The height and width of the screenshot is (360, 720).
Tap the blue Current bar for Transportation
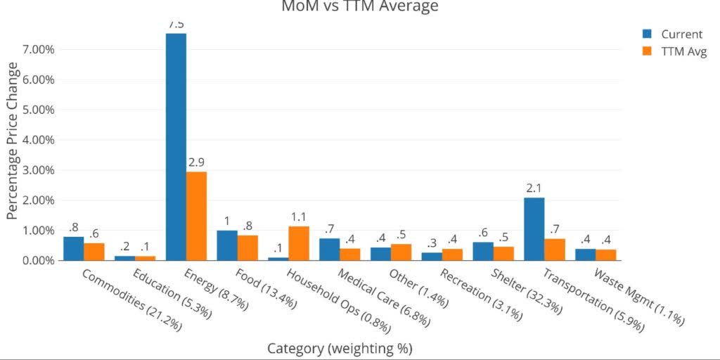tap(534, 229)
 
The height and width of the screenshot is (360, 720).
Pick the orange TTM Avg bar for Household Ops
tap(299, 243)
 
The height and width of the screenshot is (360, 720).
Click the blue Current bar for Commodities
tap(73, 248)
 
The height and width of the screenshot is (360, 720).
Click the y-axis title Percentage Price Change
tap(13, 141)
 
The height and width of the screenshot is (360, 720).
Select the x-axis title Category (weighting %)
tap(340, 348)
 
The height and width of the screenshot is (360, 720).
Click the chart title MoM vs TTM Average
tap(359, 6)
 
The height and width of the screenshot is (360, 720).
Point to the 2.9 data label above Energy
tap(196, 162)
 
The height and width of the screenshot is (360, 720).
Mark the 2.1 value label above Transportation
tap(534, 188)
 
